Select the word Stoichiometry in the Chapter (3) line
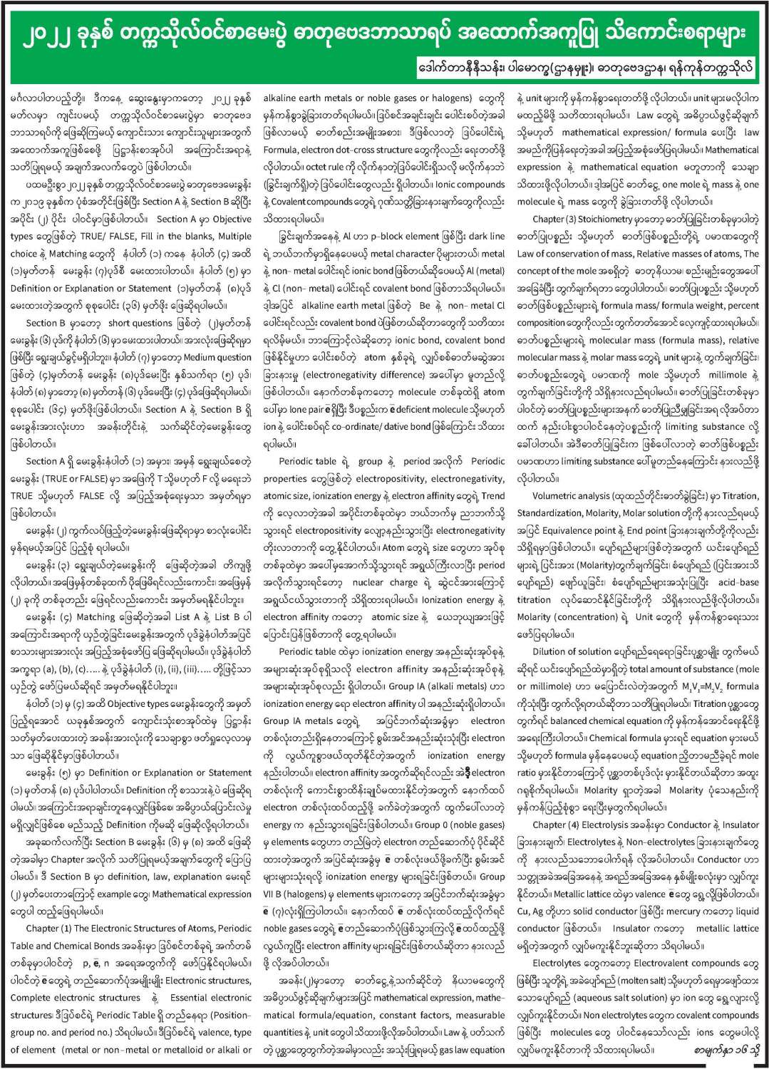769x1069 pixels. tap(617, 220)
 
